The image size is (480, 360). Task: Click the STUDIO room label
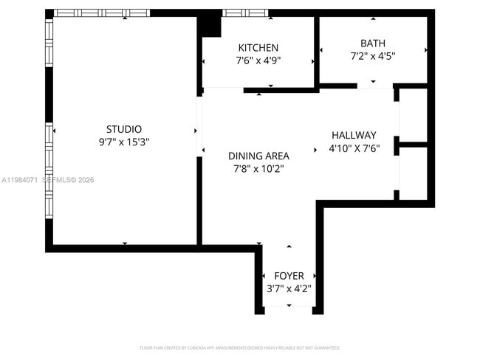tap(124, 129)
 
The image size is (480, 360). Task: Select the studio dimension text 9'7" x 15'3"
tap(124, 142)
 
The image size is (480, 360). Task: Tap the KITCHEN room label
tap(258, 48)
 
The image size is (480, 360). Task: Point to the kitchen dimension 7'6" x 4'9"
tap(258, 60)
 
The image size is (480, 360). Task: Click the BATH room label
tap(373, 44)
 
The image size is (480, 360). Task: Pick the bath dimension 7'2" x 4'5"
tap(373, 56)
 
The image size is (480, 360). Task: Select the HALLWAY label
tap(354, 135)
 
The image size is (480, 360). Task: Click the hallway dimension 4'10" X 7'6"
tap(354, 148)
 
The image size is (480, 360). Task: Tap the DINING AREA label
tap(258, 156)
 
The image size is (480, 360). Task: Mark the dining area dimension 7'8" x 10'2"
tap(258, 168)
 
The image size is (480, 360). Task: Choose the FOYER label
tap(289, 276)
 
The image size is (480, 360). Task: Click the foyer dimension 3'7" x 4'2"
tap(289, 288)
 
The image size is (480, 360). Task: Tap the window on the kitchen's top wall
tap(246, 13)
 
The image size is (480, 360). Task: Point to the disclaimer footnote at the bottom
tap(240, 347)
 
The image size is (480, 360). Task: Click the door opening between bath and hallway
tap(374, 87)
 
